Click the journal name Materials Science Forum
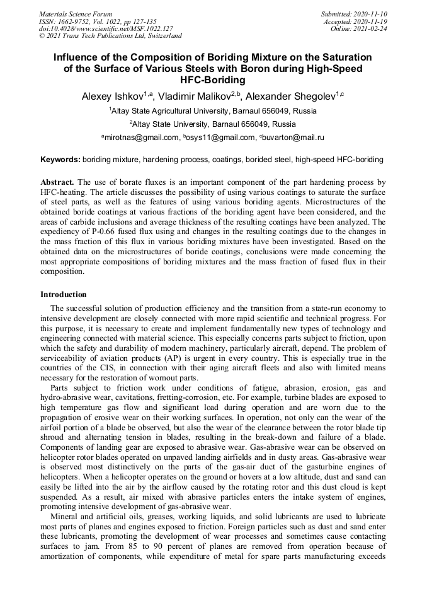[76, 13]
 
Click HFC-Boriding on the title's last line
[213, 80]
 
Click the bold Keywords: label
[60, 160]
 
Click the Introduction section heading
[64, 294]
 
